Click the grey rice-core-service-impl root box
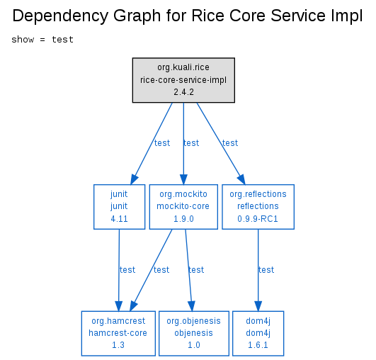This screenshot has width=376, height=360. coord(183,80)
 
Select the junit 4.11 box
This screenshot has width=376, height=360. coord(119,207)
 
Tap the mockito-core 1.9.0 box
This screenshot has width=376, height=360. coord(183,207)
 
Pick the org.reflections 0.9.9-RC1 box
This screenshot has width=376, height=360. coord(258,207)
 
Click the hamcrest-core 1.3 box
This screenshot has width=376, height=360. coord(118,333)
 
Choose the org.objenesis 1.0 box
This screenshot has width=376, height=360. coord(194,333)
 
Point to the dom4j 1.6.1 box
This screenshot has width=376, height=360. coord(258,333)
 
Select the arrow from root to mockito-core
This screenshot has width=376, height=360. coord(183,144)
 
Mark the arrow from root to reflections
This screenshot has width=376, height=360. coord(221,144)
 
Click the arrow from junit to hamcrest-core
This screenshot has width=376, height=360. coord(119,270)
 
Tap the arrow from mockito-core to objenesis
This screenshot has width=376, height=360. coord(188,270)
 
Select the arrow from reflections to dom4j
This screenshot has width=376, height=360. coord(258,270)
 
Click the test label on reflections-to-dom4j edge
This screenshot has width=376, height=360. coord(266,270)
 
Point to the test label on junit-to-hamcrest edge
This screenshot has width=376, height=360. coord(127,270)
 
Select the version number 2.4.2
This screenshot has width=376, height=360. coord(183,92)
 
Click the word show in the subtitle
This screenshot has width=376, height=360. coord(23,40)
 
